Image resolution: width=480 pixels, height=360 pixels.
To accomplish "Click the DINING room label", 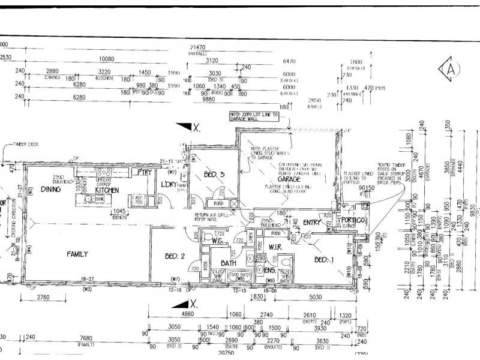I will pos(51,189).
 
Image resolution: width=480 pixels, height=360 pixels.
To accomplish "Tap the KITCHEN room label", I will pos(107,190).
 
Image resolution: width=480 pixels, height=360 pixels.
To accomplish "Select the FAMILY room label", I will pos(77,254).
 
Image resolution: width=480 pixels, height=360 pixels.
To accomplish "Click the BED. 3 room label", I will pos(214,175).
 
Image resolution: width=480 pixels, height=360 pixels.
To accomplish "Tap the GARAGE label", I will pos(289,179).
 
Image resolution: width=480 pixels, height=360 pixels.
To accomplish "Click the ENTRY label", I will pos(313,223).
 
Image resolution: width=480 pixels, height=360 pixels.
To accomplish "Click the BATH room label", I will pos(229,263).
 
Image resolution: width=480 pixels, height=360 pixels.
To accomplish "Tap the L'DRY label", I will pos(169,184).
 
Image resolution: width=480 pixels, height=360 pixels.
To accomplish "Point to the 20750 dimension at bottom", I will pos(226,353).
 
